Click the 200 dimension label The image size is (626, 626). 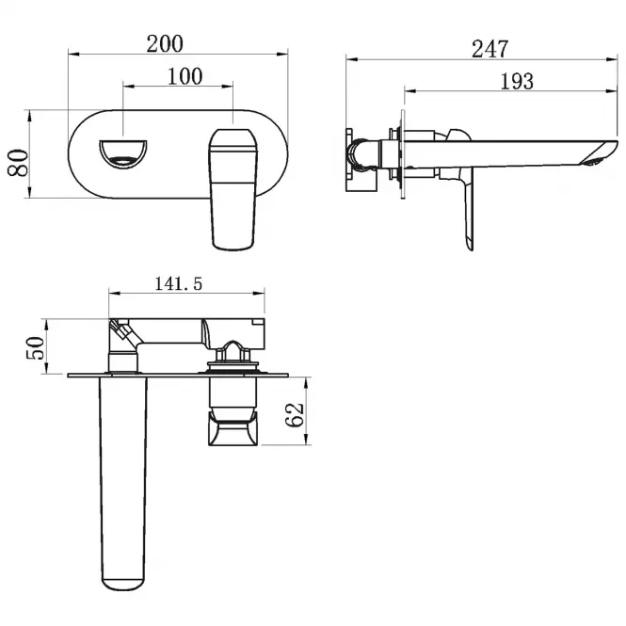pos(165,44)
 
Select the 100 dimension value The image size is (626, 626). pos(185,76)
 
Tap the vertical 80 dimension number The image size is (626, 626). pos(19,163)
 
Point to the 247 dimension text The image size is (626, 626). pos(490,49)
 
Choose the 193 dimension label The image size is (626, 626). pos(517,82)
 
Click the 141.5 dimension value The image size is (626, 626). pos(179,284)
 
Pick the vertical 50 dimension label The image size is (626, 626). pos(35,347)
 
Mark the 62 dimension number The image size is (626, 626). pos(295,415)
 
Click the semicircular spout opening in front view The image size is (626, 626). pos(123,154)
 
